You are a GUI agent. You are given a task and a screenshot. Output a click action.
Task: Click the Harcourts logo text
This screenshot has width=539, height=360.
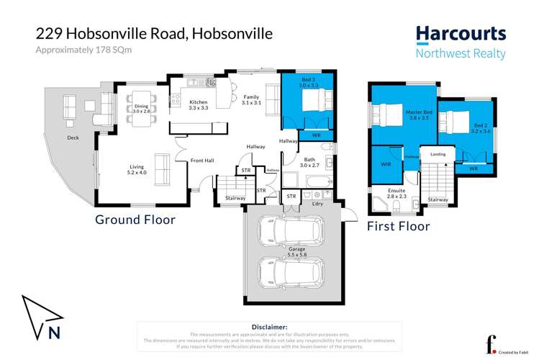(x=461, y=34)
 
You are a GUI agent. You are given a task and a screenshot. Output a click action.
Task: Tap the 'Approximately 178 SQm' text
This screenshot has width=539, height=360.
(x=78, y=50)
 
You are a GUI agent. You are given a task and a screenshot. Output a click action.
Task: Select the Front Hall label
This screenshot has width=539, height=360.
(x=201, y=160)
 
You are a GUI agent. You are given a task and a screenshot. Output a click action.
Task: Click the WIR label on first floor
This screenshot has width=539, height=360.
(x=385, y=164)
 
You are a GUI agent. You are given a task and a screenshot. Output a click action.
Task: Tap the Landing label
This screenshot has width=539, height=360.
(x=438, y=154)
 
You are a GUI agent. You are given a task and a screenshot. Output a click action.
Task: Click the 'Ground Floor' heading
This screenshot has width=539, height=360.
(x=135, y=219)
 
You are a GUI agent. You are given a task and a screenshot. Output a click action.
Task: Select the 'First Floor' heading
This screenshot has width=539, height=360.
(x=398, y=226)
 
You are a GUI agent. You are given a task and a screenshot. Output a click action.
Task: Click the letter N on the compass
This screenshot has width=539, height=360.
(x=53, y=332)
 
